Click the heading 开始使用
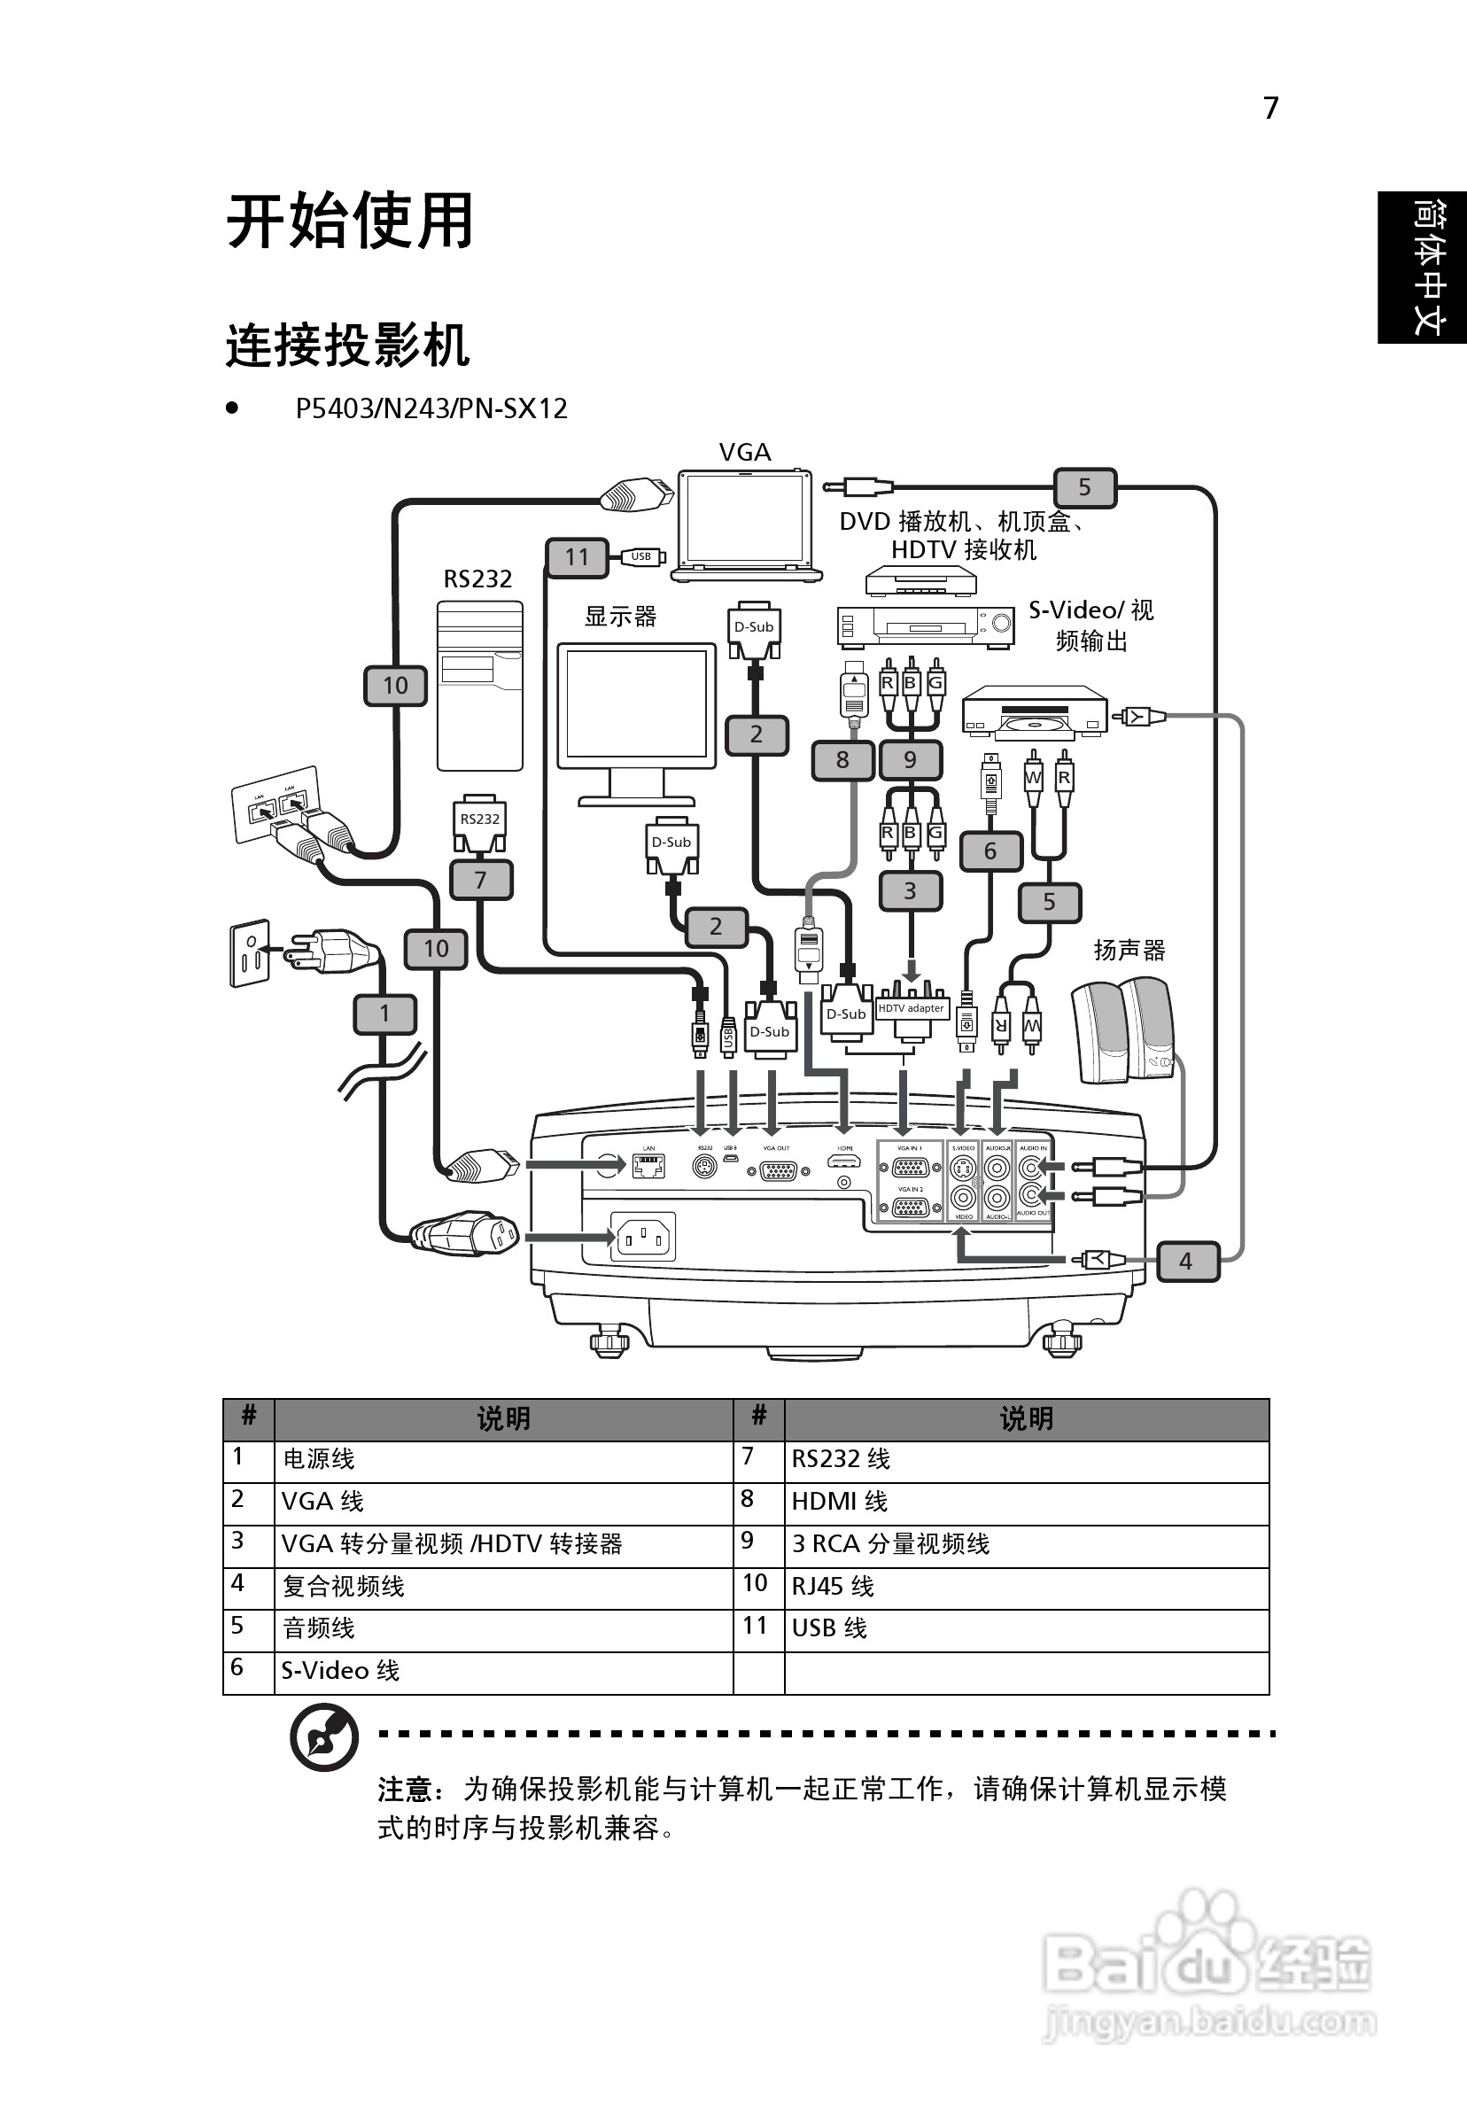point(349,221)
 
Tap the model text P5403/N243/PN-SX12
point(431,409)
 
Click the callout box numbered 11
point(577,557)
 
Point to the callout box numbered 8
point(842,760)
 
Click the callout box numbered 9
point(910,760)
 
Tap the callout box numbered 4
point(1186,1262)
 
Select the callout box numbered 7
point(480,880)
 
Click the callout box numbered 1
point(385,1014)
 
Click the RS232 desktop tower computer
point(479,686)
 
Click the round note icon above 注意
point(323,1736)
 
